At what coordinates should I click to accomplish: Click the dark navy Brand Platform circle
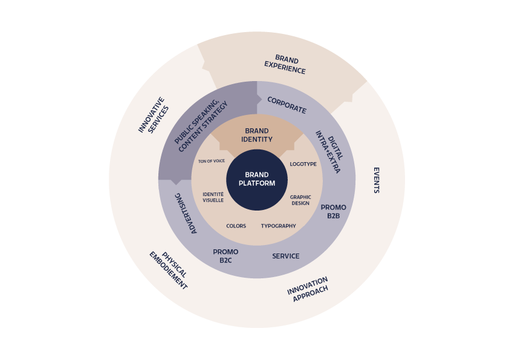pyautogui.click(x=257, y=180)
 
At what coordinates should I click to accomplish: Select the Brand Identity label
pyautogui.click(x=257, y=135)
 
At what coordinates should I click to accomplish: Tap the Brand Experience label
pyautogui.click(x=285, y=64)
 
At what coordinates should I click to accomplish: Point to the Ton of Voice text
pyautogui.click(x=212, y=161)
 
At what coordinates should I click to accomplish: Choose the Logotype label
pyautogui.click(x=303, y=164)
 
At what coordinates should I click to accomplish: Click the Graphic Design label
pyautogui.click(x=300, y=200)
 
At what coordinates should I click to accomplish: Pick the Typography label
pyautogui.click(x=279, y=226)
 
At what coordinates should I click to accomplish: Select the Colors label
pyautogui.click(x=236, y=226)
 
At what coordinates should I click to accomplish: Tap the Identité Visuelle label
pyautogui.click(x=213, y=197)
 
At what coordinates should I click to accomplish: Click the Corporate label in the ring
pyautogui.click(x=287, y=105)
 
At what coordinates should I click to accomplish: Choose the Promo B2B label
pyautogui.click(x=333, y=211)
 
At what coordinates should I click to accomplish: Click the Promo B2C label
pyautogui.click(x=225, y=256)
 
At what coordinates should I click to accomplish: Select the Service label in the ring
pyautogui.click(x=286, y=256)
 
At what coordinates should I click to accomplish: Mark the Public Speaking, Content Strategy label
pyautogui.click(x=201, y=126)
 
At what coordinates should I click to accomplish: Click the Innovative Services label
pyautogui.click(x=154, y=115)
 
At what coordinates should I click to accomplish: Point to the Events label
pyautogui.click(x=377, y=180)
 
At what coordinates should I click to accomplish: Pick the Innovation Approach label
pyautogui.click(x=308, y=289)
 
